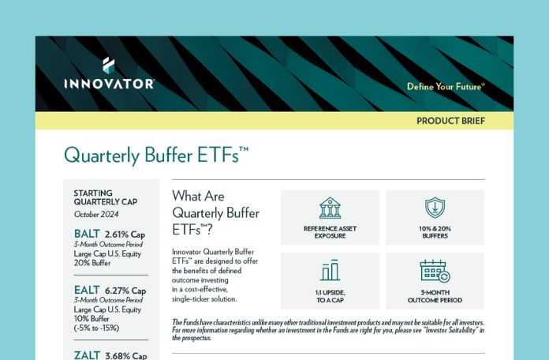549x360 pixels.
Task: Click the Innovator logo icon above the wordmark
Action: tap(109, 66)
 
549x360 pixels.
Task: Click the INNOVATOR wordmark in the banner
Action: tap(109, 84)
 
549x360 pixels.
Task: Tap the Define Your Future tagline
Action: tap(446, 87)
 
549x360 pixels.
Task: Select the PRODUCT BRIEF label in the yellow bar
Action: tap(450, 121)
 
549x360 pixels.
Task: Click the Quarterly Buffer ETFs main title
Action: tap(156, 156)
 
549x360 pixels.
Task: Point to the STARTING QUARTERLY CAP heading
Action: tap(106, 197)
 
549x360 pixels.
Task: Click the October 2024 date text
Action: tap(96, 214)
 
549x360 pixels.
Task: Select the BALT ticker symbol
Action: tap(87, 234)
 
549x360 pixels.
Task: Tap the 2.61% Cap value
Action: tap(125, 234)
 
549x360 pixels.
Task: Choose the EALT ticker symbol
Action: tap(87, 290)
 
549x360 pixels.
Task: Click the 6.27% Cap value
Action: tap(125, 291)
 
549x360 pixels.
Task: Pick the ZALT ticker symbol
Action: tap(88, 355)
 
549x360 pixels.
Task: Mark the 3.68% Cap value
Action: tap(125, 356)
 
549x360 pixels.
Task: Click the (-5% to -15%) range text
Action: tap(97, 328)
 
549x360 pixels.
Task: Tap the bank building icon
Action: tap(330, 208)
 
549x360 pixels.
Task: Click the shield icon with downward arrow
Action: tap(435, 208)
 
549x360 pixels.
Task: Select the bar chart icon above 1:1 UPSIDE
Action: tap(330, 270)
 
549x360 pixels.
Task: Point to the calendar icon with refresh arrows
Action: tap(435, 271)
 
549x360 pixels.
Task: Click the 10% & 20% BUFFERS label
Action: tap(435, 232)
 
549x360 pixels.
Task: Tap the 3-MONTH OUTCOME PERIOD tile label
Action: tap(435, 296)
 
